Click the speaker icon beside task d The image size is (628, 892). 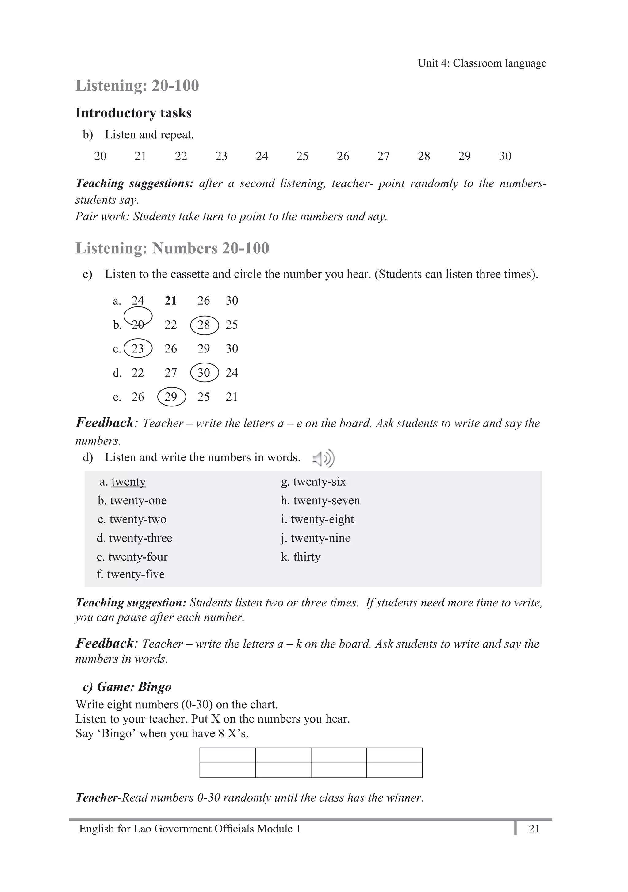(x=324, y=459)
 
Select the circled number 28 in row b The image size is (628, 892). (x=204, y=325)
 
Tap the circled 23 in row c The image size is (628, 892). (x=138, y=348)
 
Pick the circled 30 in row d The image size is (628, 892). (x=204, y=373)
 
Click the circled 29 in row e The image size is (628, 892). (x=171, y=397)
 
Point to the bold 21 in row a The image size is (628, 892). (x=170, y=301)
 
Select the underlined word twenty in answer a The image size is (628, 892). (x=128, y=482)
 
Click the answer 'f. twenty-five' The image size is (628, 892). (x=131, y=574)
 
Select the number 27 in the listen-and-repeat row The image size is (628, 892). (x=383, y=156)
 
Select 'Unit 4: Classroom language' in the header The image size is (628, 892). (x=482, y=63)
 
